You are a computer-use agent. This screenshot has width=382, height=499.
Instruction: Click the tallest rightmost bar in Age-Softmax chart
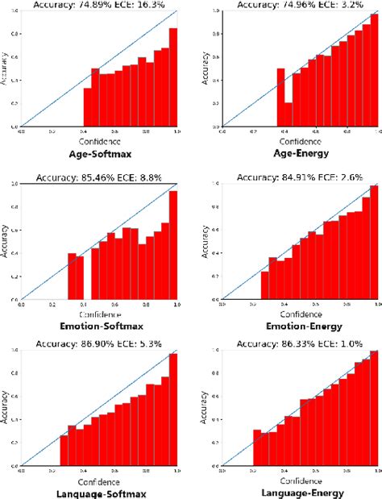(173, 78)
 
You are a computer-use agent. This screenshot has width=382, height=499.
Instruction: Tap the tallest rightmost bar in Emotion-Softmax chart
(173, 243)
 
